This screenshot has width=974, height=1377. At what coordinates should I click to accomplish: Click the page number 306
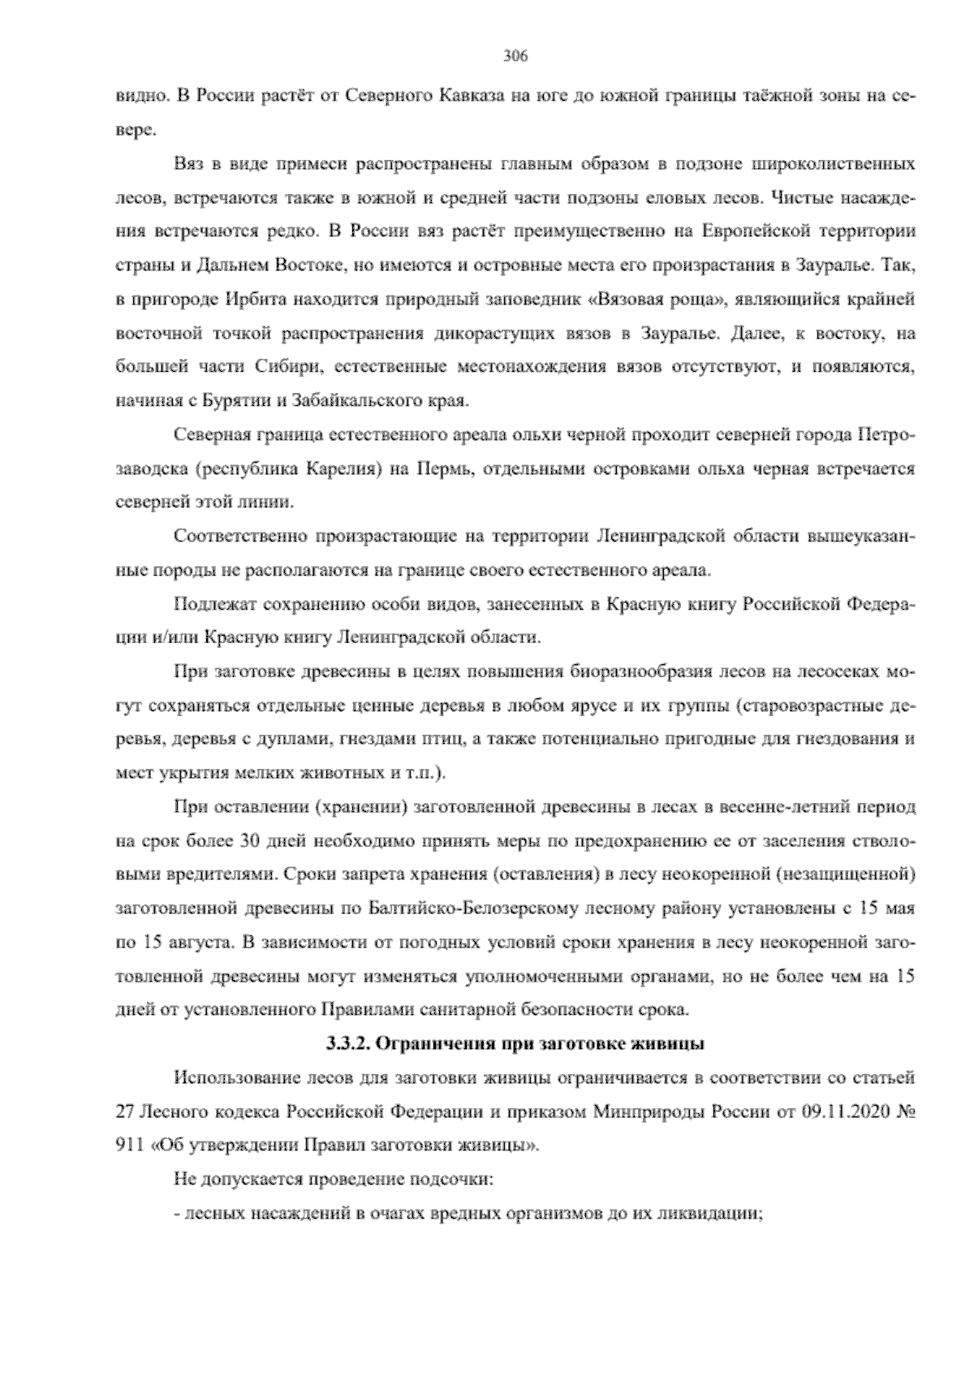pos(515,56)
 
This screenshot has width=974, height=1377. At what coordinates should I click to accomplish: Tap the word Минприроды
pos(648,1112)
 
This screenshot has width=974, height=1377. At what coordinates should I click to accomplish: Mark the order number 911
pos(131,1146)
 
